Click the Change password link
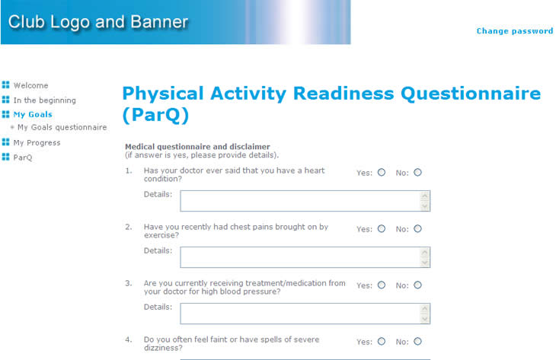(515, 31)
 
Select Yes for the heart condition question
(382, 172)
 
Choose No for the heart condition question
(417, 172)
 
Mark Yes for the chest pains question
(382, 228)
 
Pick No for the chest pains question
(417, 228)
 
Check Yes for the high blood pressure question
(382, 285)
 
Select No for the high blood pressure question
(417, 285)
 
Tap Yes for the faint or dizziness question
(382, 341)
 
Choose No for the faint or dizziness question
(417, 341)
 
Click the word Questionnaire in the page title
(471, 94)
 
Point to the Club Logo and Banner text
(98, 22)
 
